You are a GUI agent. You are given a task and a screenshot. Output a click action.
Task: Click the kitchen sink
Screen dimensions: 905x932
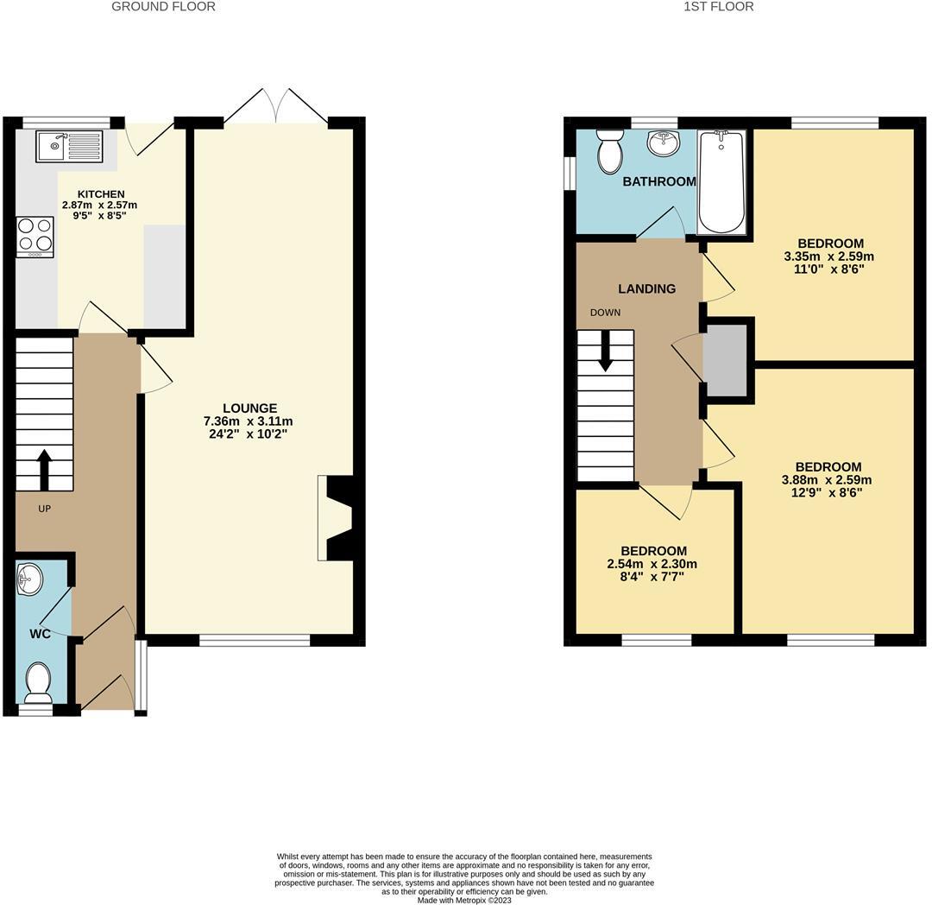pos(69,146)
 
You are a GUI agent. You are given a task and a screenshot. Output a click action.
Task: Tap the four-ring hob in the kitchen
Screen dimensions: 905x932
pos(35,237)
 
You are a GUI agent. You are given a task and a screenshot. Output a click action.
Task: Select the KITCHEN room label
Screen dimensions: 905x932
pos(101,194)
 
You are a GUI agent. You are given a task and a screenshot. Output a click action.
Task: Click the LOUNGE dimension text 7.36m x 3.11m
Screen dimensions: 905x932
pos(249,421)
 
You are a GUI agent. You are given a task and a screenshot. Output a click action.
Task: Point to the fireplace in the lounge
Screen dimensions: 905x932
pos(337,518)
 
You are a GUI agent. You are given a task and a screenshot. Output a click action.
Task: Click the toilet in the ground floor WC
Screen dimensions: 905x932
pos(38,682)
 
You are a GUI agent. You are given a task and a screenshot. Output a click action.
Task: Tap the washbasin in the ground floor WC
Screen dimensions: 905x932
pos(28,579)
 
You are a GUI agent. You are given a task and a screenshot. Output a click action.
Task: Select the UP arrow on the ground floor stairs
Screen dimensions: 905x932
pos(44,469)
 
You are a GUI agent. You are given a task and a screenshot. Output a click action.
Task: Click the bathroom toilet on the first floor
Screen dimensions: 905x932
pos(610,151)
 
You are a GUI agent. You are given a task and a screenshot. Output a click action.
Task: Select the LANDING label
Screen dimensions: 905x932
pos(646,289)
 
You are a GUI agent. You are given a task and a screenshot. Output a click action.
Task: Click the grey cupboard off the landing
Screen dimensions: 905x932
pos(725,361)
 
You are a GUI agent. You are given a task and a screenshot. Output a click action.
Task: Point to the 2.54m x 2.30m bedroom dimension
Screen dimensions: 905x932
pos(653,565)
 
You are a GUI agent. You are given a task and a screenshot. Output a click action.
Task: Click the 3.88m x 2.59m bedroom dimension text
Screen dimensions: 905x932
pos(827,481)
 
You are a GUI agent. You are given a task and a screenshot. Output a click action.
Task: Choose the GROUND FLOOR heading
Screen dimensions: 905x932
pos(164,7)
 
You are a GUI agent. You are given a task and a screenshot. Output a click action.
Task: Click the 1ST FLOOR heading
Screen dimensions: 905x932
pos(718,7)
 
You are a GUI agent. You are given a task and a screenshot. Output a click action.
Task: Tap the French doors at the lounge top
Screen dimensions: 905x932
pos(275,106)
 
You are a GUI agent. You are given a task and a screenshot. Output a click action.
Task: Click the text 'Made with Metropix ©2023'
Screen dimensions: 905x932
pos(464,900)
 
